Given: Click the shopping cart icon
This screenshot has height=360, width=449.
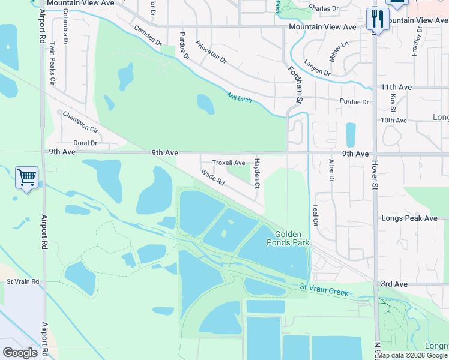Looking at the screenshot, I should [26, 178].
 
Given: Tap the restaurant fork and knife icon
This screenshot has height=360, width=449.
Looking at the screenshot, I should [378, 19].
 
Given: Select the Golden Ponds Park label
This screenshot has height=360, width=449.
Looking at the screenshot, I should [292, 238].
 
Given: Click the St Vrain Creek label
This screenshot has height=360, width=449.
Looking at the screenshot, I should [324, 289].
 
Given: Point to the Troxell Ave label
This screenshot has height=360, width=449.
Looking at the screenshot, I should [229, 163].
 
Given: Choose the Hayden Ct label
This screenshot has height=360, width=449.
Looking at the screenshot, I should [257, 173].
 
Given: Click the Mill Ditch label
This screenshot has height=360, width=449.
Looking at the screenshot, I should [240, 97].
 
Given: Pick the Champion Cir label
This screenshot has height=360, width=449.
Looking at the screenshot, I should [80, 121].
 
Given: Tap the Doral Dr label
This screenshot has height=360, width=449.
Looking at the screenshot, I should [85, 143].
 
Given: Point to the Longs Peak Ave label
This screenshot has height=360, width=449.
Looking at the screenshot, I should [409, 218].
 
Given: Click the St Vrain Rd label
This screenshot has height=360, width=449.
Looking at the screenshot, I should [23, 281].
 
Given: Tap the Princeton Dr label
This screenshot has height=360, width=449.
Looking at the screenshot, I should [211, 52].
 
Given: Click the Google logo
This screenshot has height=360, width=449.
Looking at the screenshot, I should [20, 352].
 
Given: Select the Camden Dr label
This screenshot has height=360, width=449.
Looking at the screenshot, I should [148, 36].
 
